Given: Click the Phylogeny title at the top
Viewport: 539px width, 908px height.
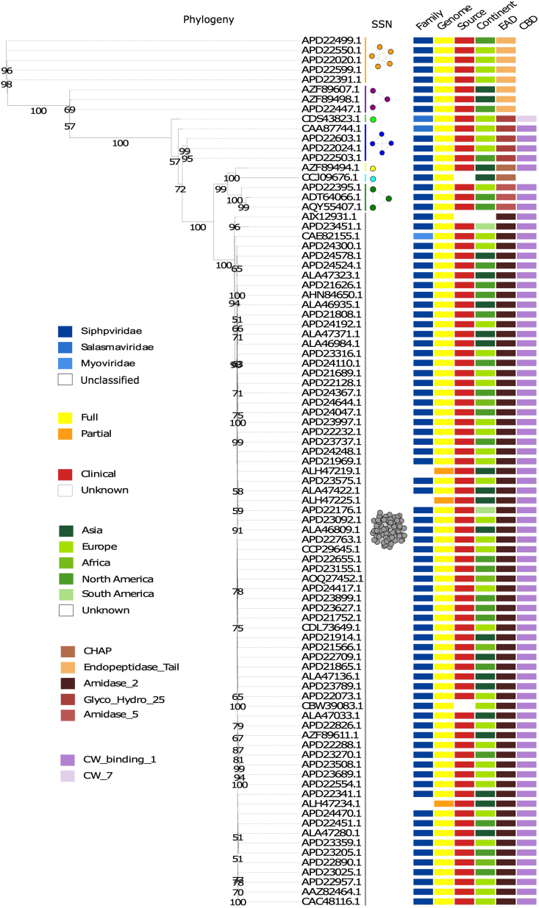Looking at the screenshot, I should pyautogui.click(x=208, y=19).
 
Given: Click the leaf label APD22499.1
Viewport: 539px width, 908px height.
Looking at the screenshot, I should pyautogui.click(x=332, y=40).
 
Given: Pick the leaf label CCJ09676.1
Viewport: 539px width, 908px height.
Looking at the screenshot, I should pyautogui.click(x=332, y=178).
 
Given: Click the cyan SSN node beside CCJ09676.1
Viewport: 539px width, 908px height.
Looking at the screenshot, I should pyautogui.click(x=374, y=178).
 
